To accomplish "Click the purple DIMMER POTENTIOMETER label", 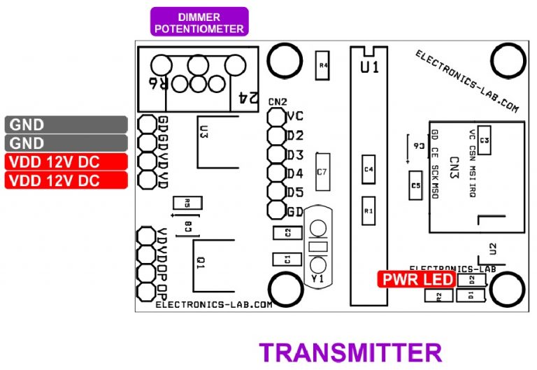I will (x=199, y=22).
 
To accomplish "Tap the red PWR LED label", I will (x=417, y=280).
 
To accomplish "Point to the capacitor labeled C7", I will (x=322, y=171).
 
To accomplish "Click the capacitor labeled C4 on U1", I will (x=368, y=169).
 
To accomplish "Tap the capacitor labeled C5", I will (x=415, y=185).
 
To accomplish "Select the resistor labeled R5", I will (x=187, y=204).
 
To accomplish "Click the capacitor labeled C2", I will (x=287, y=233).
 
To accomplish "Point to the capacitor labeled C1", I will (x=287, y=259).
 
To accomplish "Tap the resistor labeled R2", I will (x=438, y=296).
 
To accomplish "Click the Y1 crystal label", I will (x=317, y=278).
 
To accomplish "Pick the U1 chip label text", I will (x=370, y=68).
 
